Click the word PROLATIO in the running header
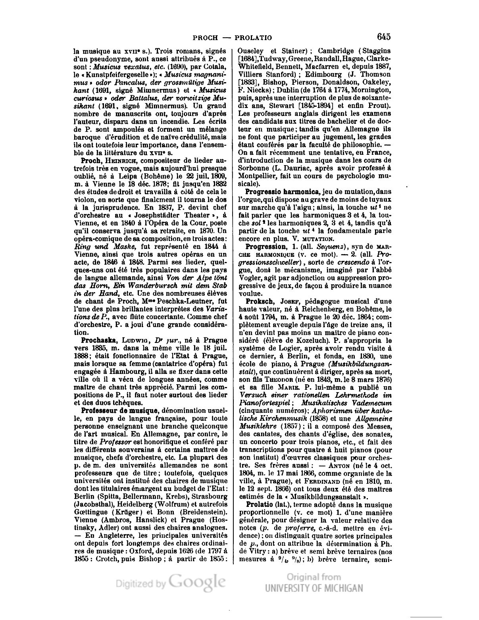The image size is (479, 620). click(x=253, y=38)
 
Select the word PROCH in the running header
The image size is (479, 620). click(x=206, y=38)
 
